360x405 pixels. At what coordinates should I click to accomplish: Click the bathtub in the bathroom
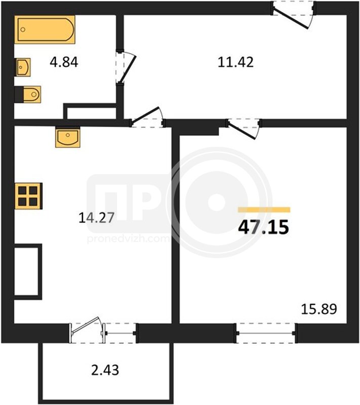[x=45, y=29]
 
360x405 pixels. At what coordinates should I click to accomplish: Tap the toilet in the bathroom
[x=28, y=94]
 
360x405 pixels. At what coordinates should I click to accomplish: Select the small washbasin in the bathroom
[x=23, y=67]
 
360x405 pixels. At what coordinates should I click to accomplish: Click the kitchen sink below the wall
[x=68, y=137]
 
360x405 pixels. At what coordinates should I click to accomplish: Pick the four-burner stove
[x=28, y=196]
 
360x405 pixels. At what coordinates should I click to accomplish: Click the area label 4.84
[x=64, y=62]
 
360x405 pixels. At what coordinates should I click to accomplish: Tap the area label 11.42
[x=235, y=62]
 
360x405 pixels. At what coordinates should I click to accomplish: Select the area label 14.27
[x=96, y=218]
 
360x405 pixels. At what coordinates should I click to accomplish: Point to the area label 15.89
[x=319, y=309]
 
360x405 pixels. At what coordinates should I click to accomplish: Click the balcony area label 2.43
[x=105, y=370]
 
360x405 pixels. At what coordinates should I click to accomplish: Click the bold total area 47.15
[x=263, y=227]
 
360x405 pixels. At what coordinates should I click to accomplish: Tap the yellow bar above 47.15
[x=264, y=210]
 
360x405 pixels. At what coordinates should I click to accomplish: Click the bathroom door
[x=126, y=67]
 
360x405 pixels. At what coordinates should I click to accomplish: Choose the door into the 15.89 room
[x=244, y=128]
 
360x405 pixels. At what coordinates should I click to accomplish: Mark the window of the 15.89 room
[x=265, y=333]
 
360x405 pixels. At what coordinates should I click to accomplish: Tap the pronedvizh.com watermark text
[x=128, y=239]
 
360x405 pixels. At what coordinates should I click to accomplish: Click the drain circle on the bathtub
[x=23, y=29]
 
